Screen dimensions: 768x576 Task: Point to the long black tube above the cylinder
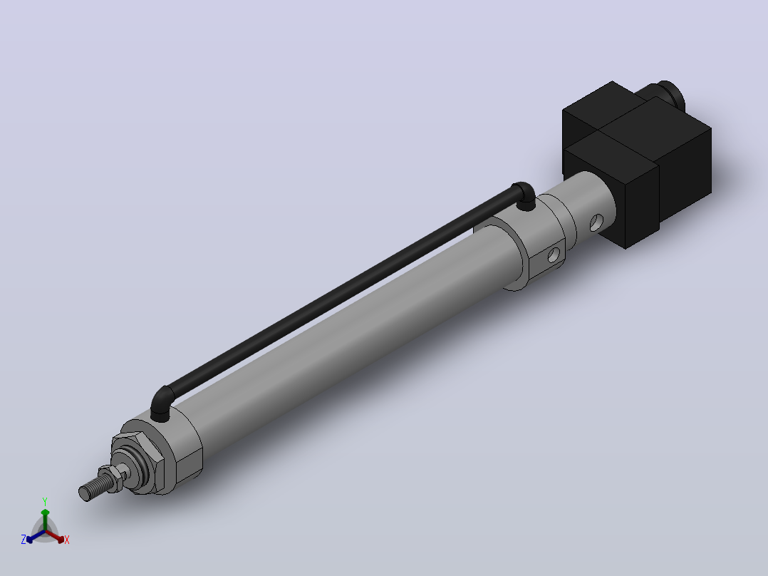coord(343,294)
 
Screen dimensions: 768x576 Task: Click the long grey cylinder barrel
coord(353,334)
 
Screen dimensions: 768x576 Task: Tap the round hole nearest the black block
coord(596,222)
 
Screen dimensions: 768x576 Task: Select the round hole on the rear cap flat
coord(554,255)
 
